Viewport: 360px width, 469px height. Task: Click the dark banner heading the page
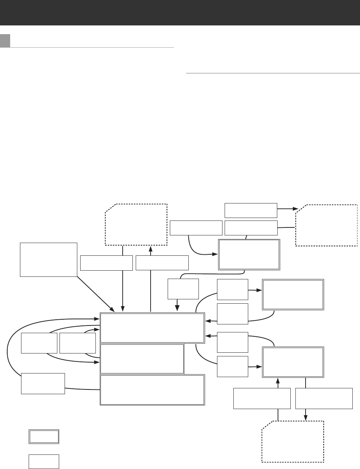pyautogui.click(x=180, y=12)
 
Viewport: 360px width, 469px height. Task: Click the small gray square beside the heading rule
pyautogui.click(x=5, y=41)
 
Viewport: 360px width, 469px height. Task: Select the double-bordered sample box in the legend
pyautogui.click(x=44, y=436)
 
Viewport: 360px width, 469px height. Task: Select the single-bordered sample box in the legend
pyautogui.click(x=44, y=461)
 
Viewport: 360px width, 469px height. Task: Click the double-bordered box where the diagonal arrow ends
pyautogui.click(x=152, y=328)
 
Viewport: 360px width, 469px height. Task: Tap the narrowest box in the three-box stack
pyautogui.click(x=142, y=359)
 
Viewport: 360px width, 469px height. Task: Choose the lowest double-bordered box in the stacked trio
pyautogui.click(x=152, y=389)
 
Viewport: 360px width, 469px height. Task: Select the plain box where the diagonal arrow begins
pyautogui.click(x=49, y=259)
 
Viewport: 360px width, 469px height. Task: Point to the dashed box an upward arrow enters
pyautogui.click(x=136, y=225)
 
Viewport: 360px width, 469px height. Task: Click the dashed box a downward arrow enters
pyautogui.click(x=292, y=441)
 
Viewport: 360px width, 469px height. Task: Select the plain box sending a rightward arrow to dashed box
pyautogui.click(x=251, y=210)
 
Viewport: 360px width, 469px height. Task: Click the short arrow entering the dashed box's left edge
pyautogui.click(x=288, y=209)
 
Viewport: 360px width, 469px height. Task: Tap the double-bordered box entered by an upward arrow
pyautogui.click(x=292, y=362)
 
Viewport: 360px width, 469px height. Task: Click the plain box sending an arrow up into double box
pyautogui.click(x=262, y=398)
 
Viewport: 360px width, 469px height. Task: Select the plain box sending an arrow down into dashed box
pyautogui.click(x=324, y=398)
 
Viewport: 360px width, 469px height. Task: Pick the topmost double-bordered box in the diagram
pyautogui.click(x=249, y=254)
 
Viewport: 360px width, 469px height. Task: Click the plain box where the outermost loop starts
pyautogui.click(x=43, y=383)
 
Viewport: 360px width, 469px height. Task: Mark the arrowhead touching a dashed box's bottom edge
pyautogui.click(x=151, y=249)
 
